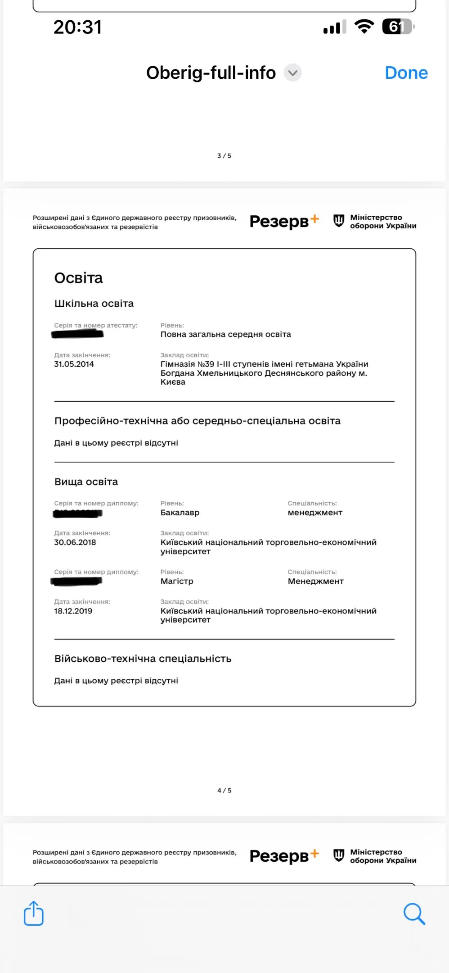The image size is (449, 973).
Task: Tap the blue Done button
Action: (x=406, y=73)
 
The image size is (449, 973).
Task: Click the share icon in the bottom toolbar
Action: (x=34, y=913)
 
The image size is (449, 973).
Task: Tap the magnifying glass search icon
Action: (x=414, y=914)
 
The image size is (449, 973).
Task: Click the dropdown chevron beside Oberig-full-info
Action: (x=292, y=73)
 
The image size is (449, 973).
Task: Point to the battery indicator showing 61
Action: (x=398, y=27)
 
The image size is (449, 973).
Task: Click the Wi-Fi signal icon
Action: (x=364, y=27)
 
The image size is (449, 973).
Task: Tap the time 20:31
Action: (x=78, y=27)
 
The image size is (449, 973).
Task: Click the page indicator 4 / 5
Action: (x=224, y=790)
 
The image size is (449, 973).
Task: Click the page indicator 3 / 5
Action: (x=224, y=156)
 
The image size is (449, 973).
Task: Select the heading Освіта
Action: (x=79, y=278)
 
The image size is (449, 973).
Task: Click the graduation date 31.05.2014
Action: (x=74, y=364)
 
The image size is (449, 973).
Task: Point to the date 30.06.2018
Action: (x=75, y=542)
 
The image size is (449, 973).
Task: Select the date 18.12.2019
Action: (x=73, y=611)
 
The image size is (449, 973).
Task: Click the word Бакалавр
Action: (x=180, y=513)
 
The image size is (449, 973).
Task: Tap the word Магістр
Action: (x=177, y=581)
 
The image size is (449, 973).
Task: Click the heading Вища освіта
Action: (x=86, y=482)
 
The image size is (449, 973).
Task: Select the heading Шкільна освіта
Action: (x=94, y=304)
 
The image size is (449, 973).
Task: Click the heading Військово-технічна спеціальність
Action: (x=143, y=659)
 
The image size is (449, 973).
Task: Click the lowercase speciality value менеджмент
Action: (x=315, y=513)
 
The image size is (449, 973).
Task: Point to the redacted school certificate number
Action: (x=78, y=334)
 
